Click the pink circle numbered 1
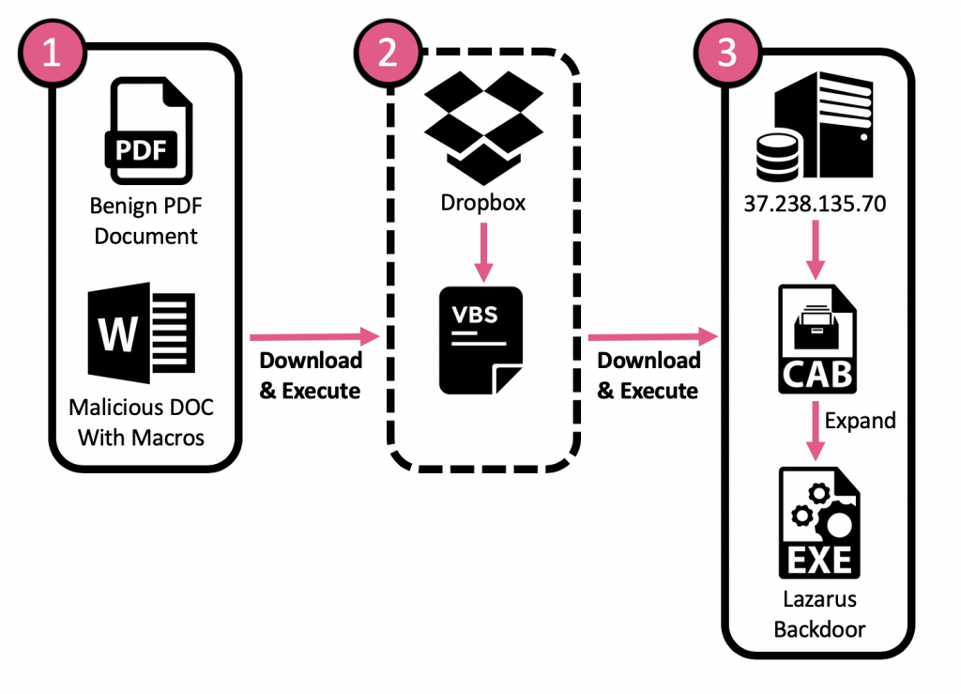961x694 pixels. tap(52, 53)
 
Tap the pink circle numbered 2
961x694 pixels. tap(388, 53)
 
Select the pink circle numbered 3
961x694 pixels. tap(726, 53)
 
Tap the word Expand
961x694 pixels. tap(860, 420)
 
